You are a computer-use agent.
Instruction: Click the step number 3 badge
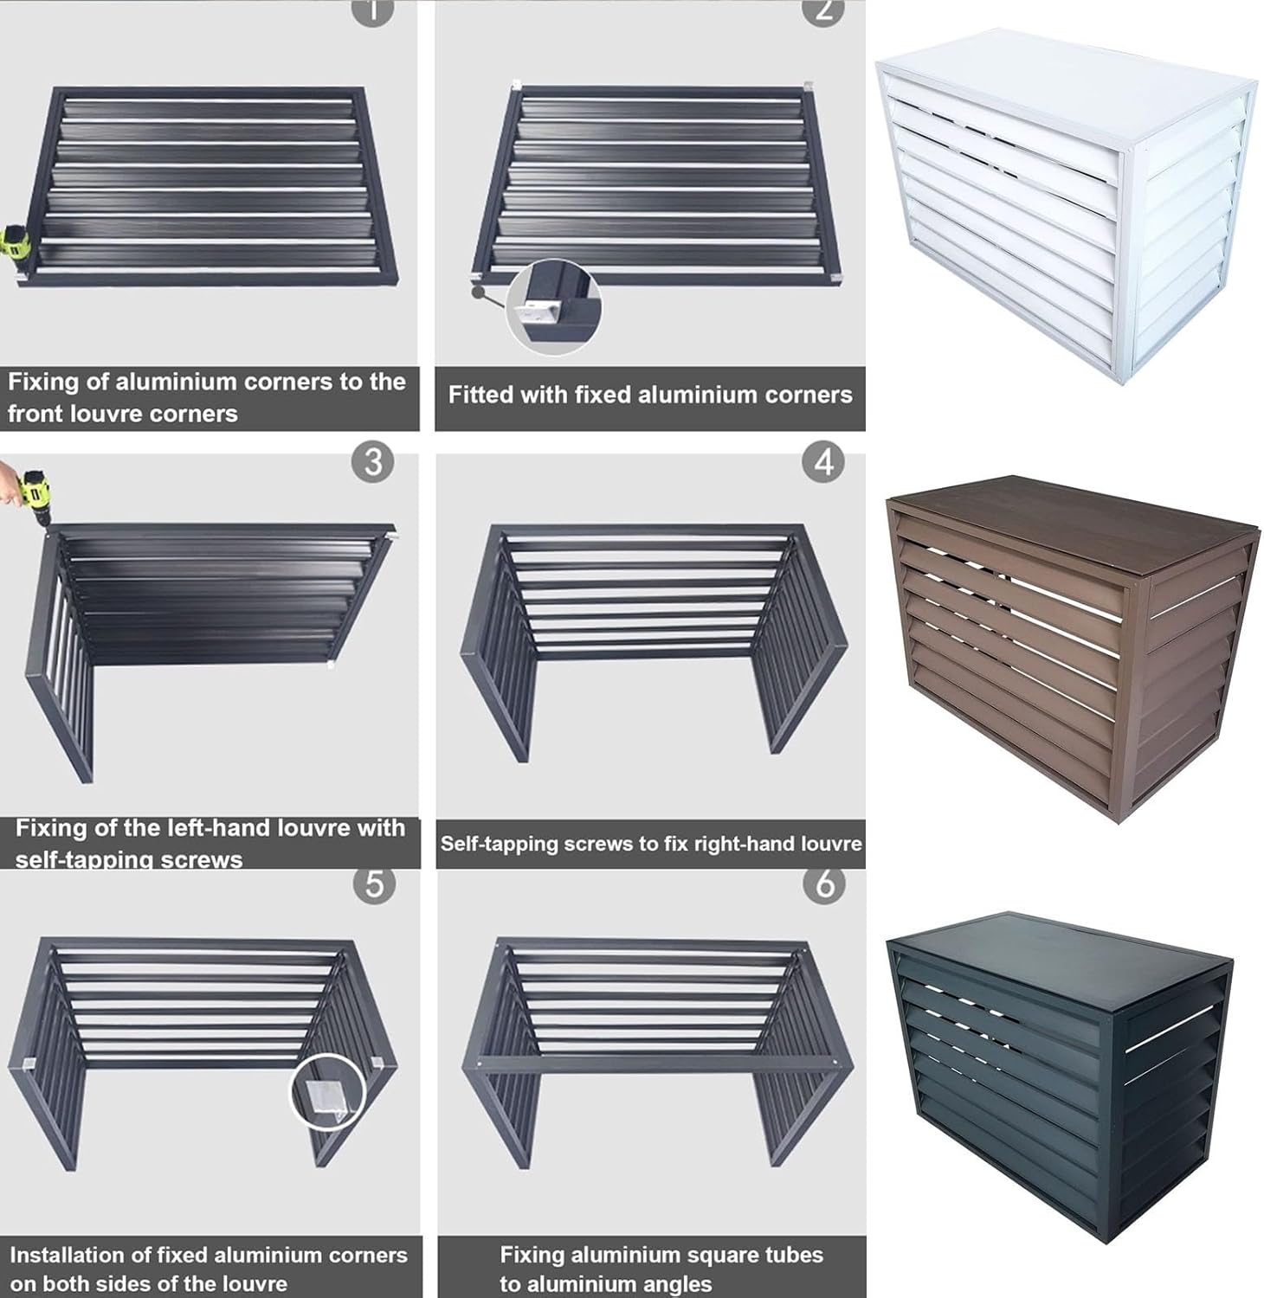(x=372, y=463)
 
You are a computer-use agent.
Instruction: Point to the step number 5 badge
(x=374, y=884)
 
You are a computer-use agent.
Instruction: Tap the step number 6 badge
(x=823, y=884)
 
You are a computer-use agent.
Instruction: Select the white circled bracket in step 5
(x=326, y=1089)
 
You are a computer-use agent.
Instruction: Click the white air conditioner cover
(x=1065, y=208)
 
